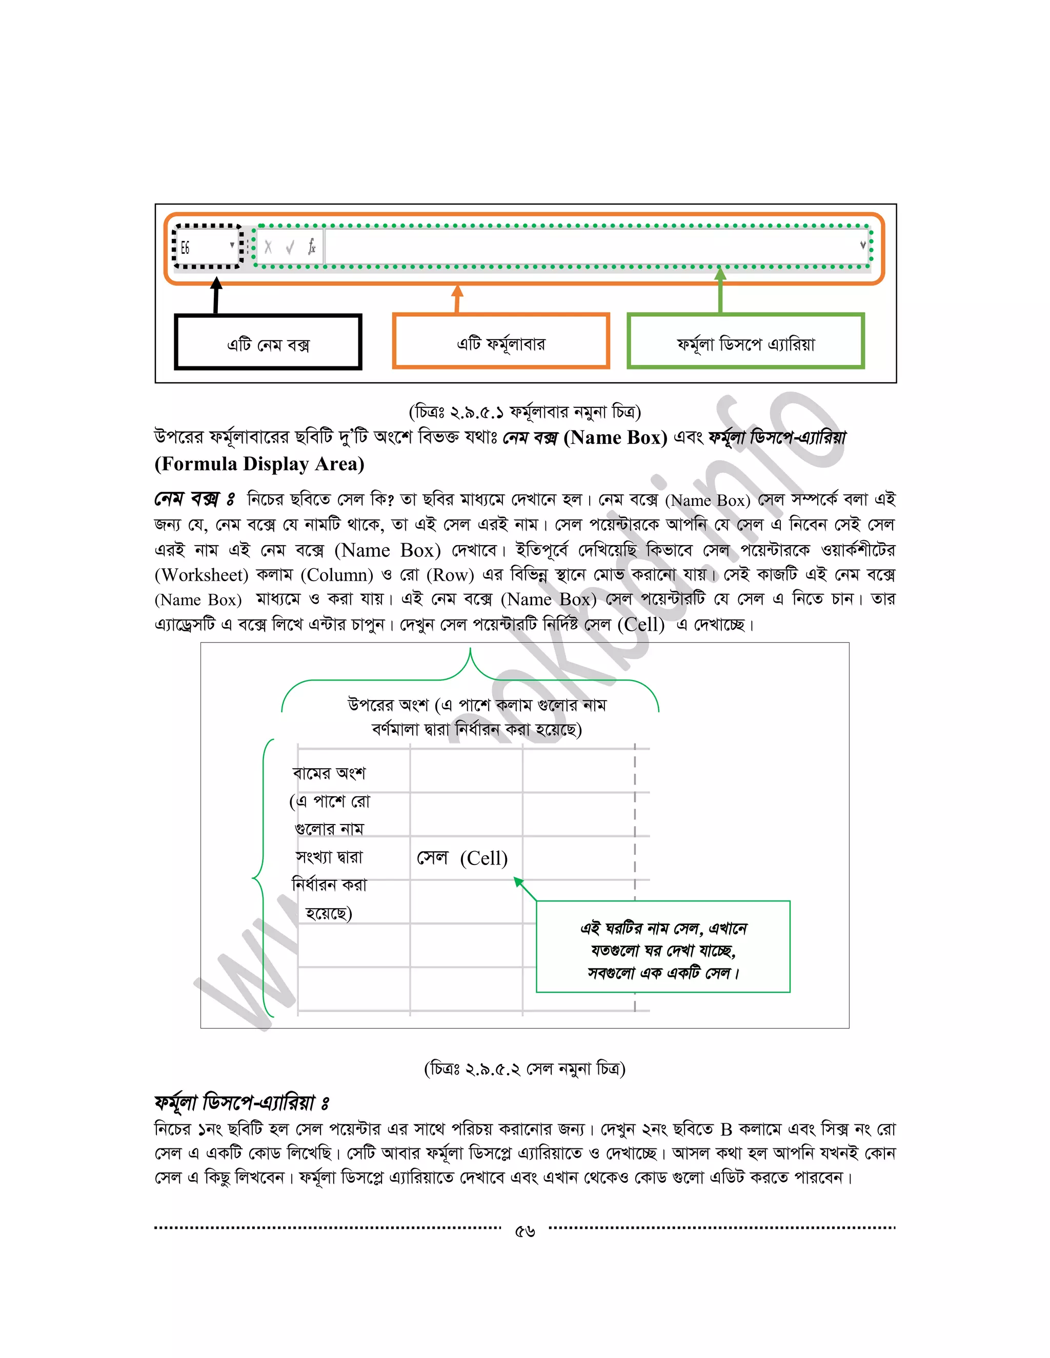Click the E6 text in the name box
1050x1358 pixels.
[186, 248]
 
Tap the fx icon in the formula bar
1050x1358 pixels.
[312, 247]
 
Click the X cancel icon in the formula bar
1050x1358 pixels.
[268, 247]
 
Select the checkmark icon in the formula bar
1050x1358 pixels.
[290, 248]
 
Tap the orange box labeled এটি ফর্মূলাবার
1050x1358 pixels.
[501, 341]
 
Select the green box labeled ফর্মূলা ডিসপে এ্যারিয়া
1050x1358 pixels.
[745, 341]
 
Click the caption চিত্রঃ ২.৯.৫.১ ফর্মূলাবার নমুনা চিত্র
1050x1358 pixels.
[524, 411]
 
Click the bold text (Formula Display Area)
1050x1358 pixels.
[259, 464]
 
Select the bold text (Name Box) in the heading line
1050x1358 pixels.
[615, 438]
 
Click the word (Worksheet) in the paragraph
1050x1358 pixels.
[201, 575]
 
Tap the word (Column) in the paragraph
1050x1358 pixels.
[336, 575]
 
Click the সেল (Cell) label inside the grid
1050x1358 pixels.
[462, 858]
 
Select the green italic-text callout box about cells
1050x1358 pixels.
[662, 947]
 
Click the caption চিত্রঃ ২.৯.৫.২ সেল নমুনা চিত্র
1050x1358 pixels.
[524, 1069]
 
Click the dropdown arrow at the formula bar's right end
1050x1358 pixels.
[863, 245]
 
